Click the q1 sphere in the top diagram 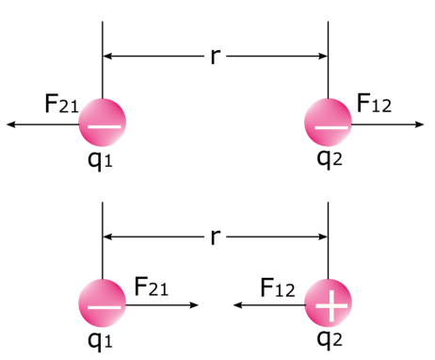(x=102, y=123)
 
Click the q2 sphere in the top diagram (x=328, y=123)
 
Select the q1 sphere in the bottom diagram (x=102, y=304)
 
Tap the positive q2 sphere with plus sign (x=328, y=304)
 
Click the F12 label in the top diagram (x=374, y=104)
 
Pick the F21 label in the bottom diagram (x=153, y=286)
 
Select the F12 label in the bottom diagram (x=279, y=286)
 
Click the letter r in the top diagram (x=216, y=57)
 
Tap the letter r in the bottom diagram (x=216, y=235)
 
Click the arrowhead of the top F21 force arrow (x=10, y=123)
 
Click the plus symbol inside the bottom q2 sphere (x=328, y=304)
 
